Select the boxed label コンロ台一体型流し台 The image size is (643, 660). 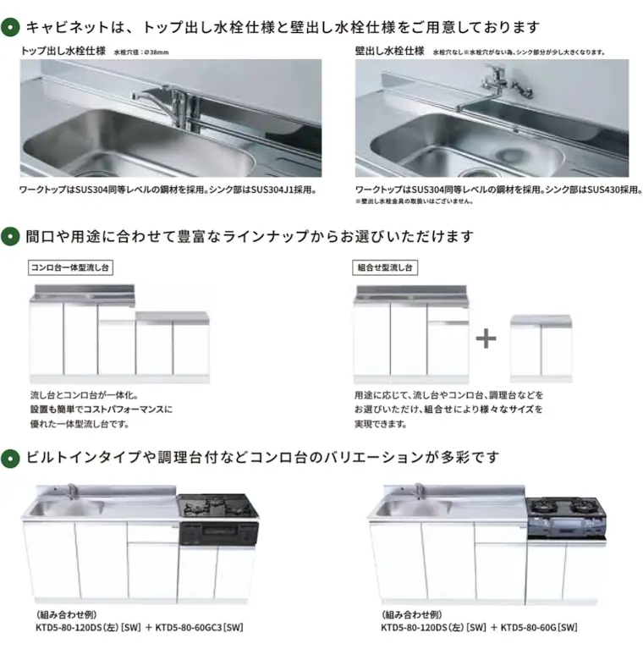point(71,267)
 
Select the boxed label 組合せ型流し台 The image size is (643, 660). point(384,267)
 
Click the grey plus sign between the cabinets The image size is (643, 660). point(486,338)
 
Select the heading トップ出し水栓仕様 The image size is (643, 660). point(63,51)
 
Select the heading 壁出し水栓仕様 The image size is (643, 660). point(389,51)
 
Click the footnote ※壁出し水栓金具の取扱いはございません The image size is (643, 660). point(415,201)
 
